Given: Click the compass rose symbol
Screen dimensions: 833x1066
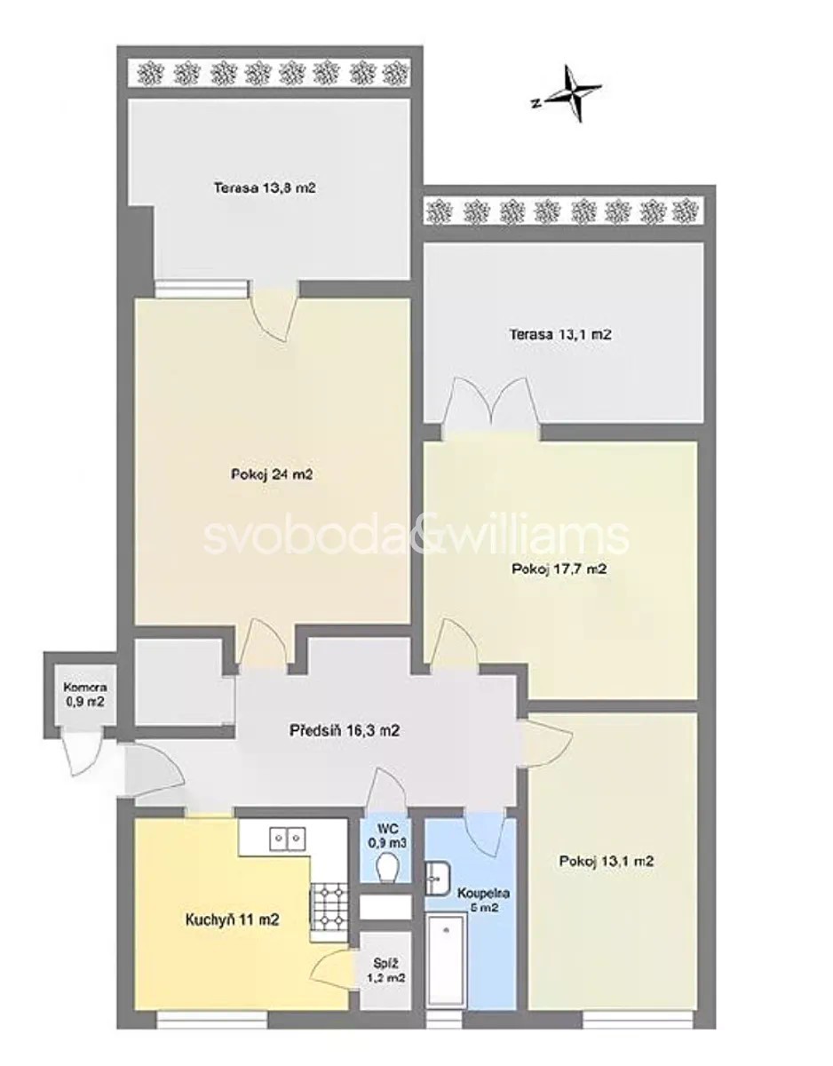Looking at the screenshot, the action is pos(574,94).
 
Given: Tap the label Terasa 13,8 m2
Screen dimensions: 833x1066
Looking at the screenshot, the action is pos(265,188).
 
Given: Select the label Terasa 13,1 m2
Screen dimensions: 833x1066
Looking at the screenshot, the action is pos(560,335).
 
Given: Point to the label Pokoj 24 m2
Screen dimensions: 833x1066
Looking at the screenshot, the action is pos(271,474).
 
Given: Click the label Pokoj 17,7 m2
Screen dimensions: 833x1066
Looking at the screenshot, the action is pos(559,569).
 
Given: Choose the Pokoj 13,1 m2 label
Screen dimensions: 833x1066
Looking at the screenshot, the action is pos(607,861).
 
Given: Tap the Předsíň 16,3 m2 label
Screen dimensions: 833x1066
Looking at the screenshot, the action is pos(345,730).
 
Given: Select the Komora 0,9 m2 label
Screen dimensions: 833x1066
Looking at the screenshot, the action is pos(85,694).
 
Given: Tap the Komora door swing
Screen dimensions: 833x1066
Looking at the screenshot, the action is pos(83,752).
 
